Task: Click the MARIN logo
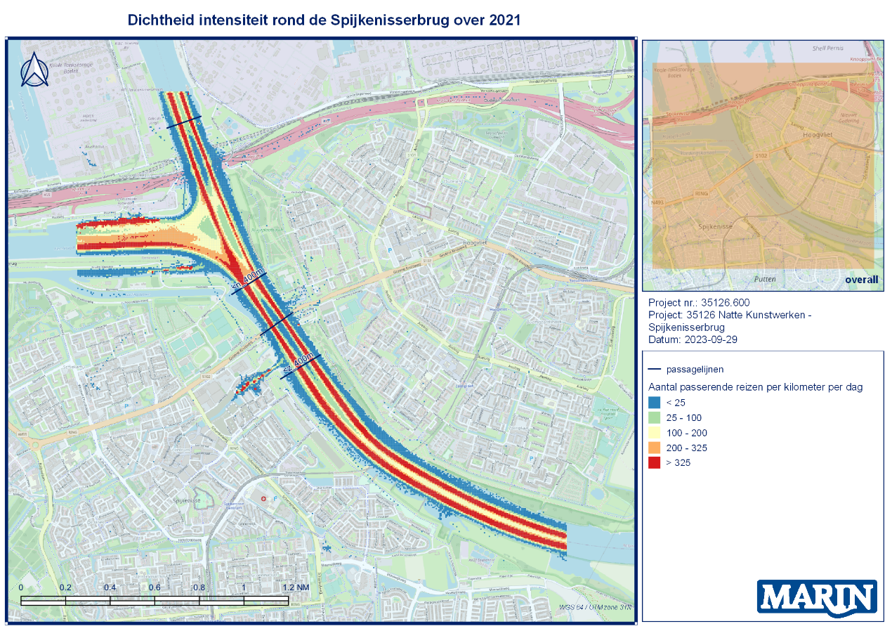[817, 598]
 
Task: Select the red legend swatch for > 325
[653, 463]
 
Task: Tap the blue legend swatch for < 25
[653, 403]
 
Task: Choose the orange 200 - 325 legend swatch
[653, 448]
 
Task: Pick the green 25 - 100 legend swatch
[653, 418]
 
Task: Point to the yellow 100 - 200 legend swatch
[653, 433]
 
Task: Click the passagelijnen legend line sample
[654, 369]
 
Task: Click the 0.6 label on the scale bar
[155, 587]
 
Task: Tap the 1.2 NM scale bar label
[295, 587]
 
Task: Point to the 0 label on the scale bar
[21, 587]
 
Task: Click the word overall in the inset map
[862, 280]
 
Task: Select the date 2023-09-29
[711, 340]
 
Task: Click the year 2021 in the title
[504, 20]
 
